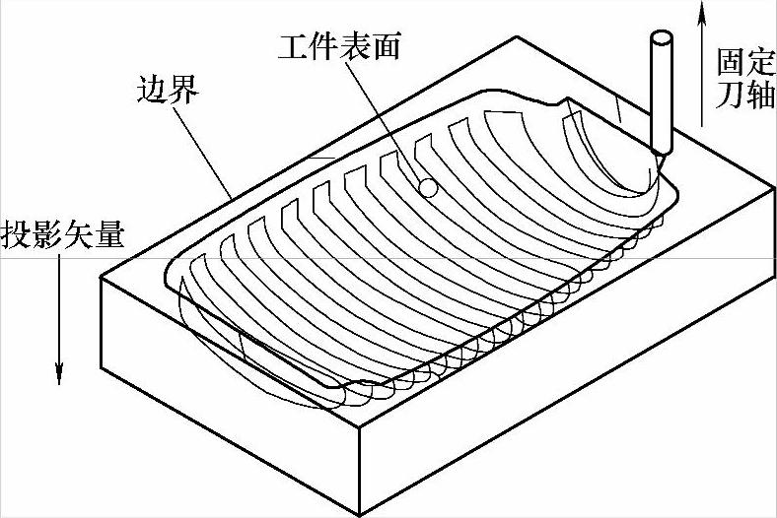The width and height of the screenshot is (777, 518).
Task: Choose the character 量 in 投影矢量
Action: [111, 236]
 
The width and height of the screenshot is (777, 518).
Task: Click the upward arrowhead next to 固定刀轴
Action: [702, 10]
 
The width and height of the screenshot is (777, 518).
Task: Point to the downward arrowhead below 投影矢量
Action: [59, 374]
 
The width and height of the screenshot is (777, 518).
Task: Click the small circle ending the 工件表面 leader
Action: [428, 186]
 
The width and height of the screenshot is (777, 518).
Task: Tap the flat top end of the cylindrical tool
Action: [661, 40]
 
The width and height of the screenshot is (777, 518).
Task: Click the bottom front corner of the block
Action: [360, 513]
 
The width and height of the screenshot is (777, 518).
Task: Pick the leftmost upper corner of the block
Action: [102, 277]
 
